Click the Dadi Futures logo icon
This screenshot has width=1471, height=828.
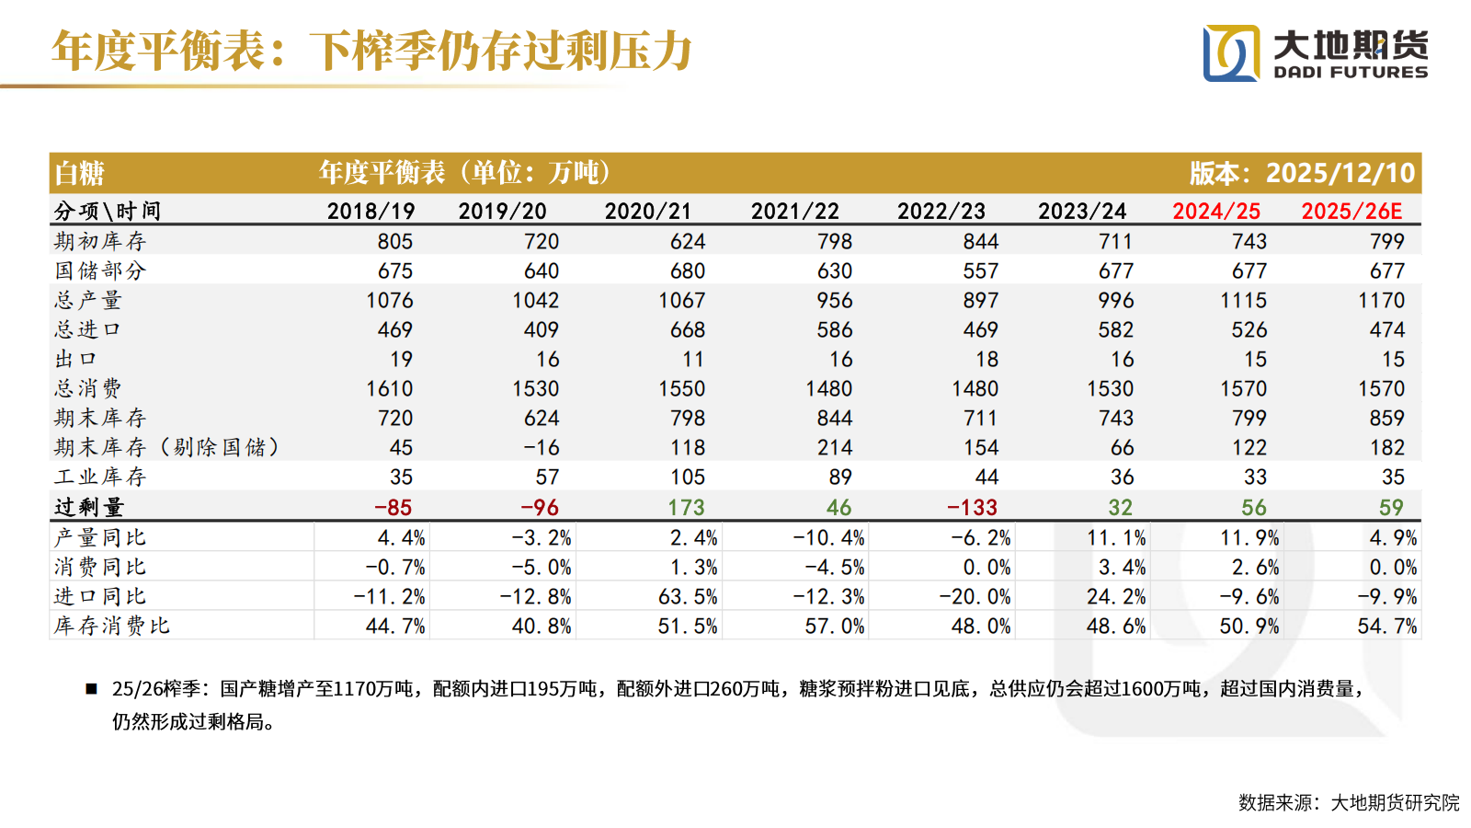1231,53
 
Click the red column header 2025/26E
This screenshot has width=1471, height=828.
1351,211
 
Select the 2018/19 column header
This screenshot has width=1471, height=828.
371,211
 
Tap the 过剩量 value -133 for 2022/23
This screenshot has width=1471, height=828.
972,507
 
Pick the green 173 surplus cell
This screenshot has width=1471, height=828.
686,507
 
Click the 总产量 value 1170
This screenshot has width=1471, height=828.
1381,300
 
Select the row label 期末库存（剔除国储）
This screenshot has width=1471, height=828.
165,447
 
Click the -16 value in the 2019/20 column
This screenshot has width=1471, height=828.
541,447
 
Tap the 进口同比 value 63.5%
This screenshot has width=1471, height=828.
688,596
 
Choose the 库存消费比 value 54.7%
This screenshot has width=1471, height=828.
1386,626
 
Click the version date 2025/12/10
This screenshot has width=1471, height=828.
1340,173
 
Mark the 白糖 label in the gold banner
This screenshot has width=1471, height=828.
79,173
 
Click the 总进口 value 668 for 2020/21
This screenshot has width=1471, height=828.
687,329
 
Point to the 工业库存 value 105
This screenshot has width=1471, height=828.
687,477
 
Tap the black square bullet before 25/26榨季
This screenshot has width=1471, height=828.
91,688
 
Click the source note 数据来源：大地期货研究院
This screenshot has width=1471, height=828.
1348,802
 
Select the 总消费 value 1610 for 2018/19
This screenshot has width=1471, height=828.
389,388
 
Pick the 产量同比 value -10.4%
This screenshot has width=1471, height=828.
827,537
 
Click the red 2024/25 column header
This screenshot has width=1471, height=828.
1215,211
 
